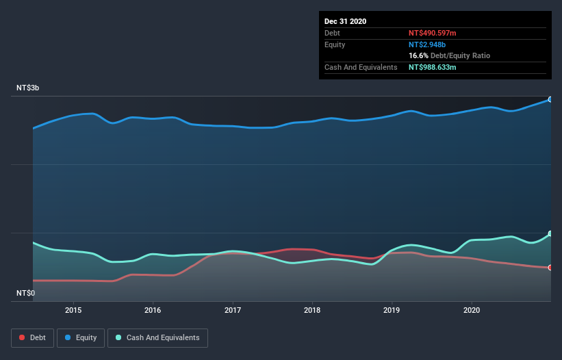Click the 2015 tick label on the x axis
tap(73, 309)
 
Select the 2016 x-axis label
tap(153, 309)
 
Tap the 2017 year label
tap(233, 309)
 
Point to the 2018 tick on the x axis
tap(312, 309)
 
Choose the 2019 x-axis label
tap(392, 309)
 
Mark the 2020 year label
tap(472, 309)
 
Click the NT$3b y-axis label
tap(28, 88)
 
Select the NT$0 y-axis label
tap(25, 293)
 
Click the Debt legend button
tap(32, 337)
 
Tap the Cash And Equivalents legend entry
tap(157, 337)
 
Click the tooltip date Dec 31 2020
tap(345, 21)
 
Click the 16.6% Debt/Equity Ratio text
tap(449, 55)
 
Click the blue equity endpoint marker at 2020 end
tap(550, 99)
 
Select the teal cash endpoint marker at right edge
tap(550, 233)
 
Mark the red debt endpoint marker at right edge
tap(550, 268)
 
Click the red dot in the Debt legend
tap(23, 338)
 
